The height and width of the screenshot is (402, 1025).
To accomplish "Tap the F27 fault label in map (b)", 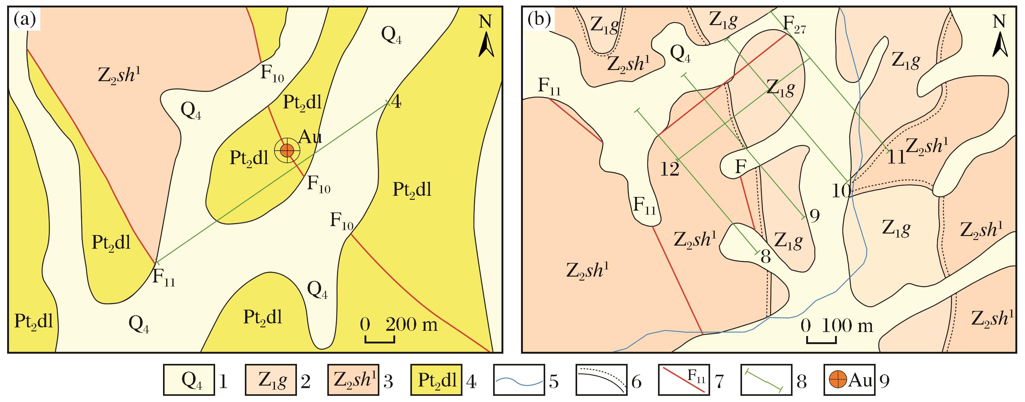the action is (x=795, y=25).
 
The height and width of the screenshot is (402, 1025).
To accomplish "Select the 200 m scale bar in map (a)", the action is (x=380, y=339).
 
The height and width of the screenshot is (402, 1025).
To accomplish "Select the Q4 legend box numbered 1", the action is (x=189, y=380).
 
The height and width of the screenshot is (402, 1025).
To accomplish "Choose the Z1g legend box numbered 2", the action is (x=271, y=380).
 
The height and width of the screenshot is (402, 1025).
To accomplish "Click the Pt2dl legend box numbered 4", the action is (x=436, y=380).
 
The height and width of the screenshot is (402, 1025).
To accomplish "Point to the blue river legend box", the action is (x=519, y=380).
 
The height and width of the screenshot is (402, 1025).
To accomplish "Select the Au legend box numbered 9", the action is (x=850, y=380).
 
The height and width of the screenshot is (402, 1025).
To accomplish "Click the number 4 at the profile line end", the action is (x=396, y=103).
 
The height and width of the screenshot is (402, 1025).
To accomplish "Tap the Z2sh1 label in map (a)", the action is (x=119, y=75).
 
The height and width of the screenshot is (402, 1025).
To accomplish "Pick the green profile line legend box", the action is (x=767, y=380).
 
